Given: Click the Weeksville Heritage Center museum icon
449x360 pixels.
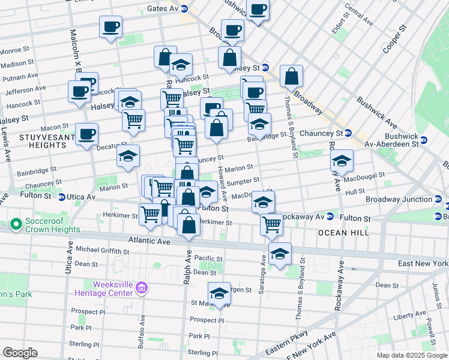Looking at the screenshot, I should point(142,289).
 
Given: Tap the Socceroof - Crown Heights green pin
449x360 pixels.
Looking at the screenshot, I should point(16,226).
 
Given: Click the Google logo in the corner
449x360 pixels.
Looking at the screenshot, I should point(20,353).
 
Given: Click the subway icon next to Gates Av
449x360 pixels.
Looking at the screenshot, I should point(184,9).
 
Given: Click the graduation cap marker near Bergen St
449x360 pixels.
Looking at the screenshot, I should point(220,294).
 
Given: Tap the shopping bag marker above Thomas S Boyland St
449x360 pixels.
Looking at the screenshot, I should point(291,76).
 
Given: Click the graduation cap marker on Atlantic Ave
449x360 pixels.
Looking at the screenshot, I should point(280,254).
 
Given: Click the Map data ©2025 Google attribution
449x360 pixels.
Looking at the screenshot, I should point(411,355).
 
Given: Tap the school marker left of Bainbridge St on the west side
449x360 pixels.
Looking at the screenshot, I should point(128,157).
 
